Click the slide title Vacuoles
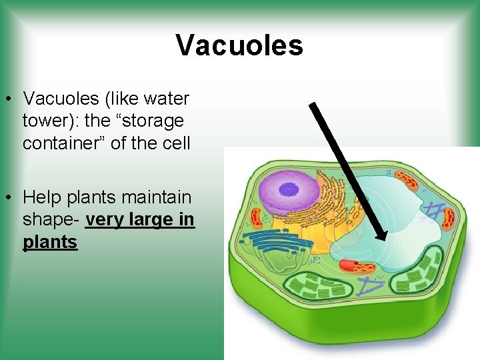[239, 45]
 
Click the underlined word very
[104, 219]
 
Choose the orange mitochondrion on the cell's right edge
[448, 217]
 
